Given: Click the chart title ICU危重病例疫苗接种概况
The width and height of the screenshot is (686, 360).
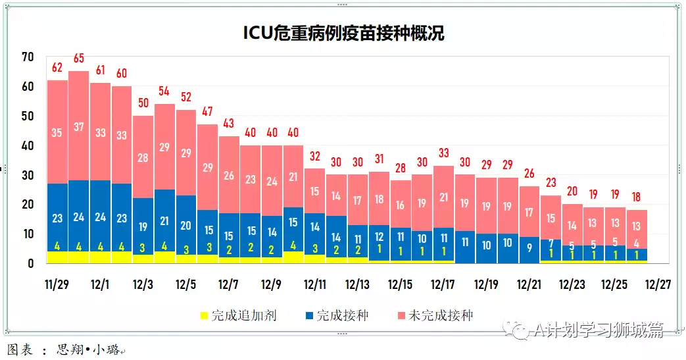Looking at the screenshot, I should tap(343, 34).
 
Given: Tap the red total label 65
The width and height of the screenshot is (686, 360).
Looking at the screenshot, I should tap(79, 58).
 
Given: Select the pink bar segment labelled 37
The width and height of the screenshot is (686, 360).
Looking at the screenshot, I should tap(79, 126).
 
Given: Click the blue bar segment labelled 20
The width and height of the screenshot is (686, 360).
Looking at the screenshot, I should tap(186, 225).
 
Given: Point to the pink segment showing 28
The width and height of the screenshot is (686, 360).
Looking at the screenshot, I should tap(143, 158).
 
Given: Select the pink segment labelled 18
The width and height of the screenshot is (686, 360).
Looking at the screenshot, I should tap(379, 199).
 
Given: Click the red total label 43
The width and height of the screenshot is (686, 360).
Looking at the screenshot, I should tap(229, 123).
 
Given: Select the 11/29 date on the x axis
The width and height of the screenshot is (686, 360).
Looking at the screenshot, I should tap(57, 285).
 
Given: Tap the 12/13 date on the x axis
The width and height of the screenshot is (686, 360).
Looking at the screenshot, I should tap(357, 285).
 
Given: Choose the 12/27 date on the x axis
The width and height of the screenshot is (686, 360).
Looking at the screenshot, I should tap(657, 285).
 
